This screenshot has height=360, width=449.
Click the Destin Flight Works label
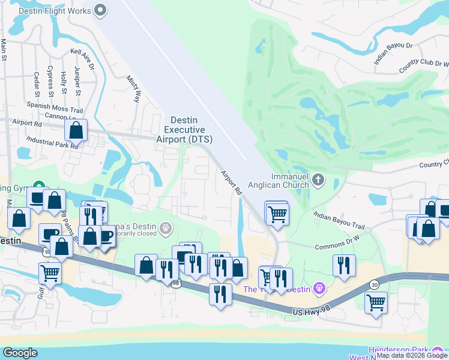pyautogui.click(x=55, y=11)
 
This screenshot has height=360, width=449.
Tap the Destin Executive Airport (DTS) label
pyautogui.click(x=188, y=130)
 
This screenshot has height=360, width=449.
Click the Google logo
pyautogui.click(x=20, y=353)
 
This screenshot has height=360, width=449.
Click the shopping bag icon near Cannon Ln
pyautogui.click(x=76, y=130)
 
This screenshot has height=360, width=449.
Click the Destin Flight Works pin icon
pyautogui.click(x=100, y=10)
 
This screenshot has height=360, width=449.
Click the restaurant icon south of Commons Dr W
pyautogui.click(x=344, y=265)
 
